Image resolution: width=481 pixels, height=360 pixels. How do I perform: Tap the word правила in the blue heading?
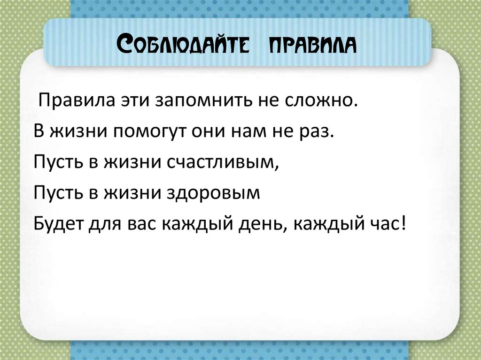point(312,46)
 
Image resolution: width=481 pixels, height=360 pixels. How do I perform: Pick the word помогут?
point(149,131)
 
